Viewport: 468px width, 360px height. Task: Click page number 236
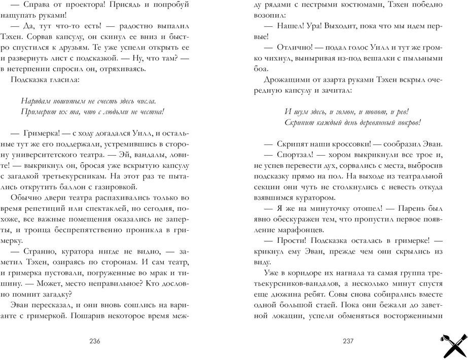(94, 341)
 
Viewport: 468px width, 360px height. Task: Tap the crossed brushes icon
(450, 342)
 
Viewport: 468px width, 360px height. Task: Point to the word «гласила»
(65, 80)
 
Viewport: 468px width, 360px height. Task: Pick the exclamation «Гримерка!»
(45, 133)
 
